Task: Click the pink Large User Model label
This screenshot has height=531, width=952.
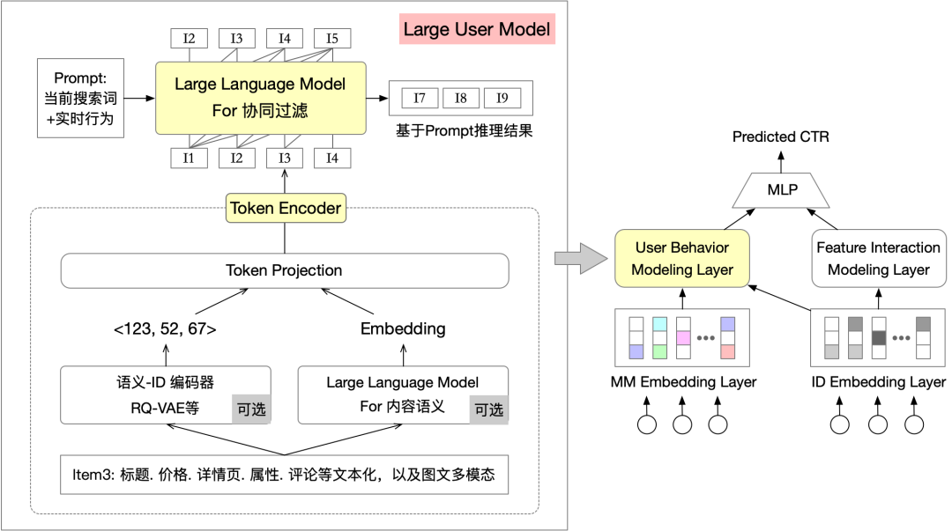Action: point(477,29)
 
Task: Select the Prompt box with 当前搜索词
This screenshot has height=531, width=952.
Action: point(79,98)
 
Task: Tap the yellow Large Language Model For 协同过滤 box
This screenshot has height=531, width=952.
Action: point(260,97)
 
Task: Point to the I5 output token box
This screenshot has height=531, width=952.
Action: point(332,39)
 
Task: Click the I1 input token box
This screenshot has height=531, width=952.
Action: point(189,158)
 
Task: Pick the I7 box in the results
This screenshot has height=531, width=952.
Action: point(420,99)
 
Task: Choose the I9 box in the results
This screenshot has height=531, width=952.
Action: point(502,99)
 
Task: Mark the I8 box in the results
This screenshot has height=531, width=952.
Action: point(461,99)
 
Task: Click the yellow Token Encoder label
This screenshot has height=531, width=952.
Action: point(285,209)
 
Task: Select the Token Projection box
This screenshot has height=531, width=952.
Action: point(285,270)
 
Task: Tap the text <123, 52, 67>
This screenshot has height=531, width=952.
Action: point(165,329)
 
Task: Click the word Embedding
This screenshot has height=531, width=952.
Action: point(403,329)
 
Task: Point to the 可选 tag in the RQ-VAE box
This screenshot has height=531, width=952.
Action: point(250,409)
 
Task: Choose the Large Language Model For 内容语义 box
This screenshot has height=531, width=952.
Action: point(403,395)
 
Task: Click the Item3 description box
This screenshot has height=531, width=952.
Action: point(284,475)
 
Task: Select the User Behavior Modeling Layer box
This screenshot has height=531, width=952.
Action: point(682,259)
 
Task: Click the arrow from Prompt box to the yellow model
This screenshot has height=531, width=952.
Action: point(139,98)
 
